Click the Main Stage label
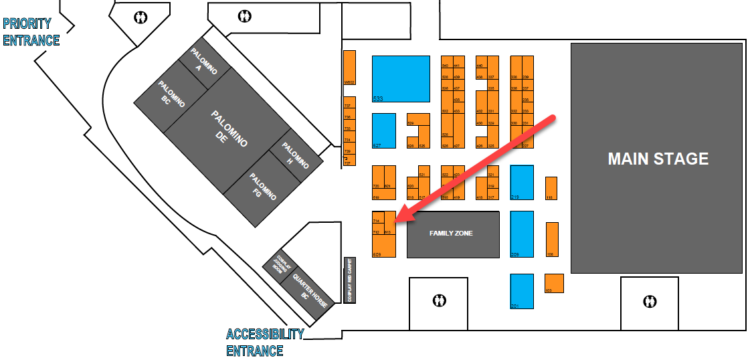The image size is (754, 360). (658, 159)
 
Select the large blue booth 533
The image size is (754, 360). (401, 78)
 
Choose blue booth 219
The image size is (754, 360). (522, 182)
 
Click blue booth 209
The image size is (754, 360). (522, 234)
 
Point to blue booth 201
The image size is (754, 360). (522, 291)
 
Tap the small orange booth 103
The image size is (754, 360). (554, 283)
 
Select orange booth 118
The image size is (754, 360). (551, 188)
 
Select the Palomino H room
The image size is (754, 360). (294, 155)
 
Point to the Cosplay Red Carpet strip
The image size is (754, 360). (348, 279)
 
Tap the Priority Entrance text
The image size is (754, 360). (31, 32)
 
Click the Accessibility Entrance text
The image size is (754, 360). (265, 342)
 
